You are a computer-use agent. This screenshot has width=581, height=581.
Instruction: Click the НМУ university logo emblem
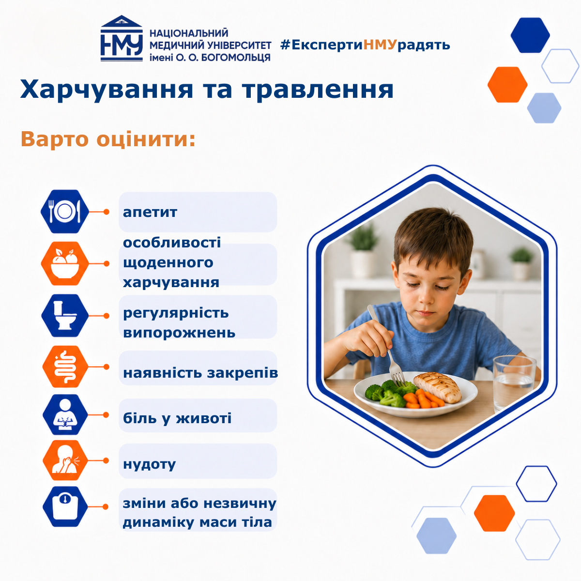(122, 39)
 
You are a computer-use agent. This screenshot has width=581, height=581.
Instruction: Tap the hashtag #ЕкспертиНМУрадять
(365, 45)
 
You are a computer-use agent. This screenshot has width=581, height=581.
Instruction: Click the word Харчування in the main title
(107, 90)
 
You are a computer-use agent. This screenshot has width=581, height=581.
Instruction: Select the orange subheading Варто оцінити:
(108, 139)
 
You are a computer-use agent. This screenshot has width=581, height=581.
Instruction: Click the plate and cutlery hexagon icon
(65, 212)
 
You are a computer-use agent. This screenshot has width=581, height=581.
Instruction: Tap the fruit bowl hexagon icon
(65, 263)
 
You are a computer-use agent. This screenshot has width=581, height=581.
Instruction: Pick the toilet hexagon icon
(65, 315)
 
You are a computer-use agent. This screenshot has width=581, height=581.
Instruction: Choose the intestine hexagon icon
(65, 367)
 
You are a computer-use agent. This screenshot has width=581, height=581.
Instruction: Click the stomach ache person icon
(65, 414)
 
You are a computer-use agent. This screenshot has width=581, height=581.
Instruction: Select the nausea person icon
(65, 460)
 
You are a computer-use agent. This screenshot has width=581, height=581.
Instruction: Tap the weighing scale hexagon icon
(65, 506)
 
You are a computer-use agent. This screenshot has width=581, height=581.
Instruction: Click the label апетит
(150, 213)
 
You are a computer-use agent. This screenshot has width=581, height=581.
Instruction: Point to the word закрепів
(243, 373)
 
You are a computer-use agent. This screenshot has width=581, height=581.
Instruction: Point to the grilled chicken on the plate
(438, 387)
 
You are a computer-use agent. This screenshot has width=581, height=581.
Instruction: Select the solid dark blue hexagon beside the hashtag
(530, 35)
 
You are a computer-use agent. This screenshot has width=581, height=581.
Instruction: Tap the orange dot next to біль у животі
(106, 415)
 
